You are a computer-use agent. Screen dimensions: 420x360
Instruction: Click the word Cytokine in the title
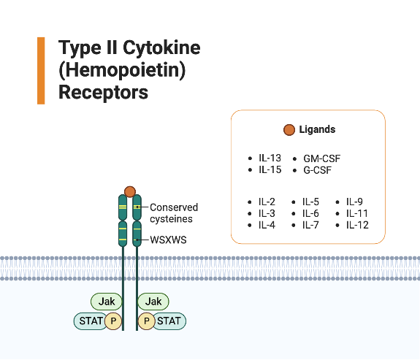(x=161, y=47)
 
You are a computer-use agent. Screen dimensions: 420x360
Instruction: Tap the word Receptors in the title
(x=103, y=92)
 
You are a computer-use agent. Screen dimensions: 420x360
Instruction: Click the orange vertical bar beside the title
(x=41, y=70)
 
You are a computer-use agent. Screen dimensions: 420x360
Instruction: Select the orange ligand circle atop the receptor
(x=130, y=192)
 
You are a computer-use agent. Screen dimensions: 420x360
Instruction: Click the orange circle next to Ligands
(x=289, y=130)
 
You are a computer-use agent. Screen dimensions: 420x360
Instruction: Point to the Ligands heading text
(x=317, y=129)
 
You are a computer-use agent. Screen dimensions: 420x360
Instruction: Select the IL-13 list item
(x=270, y=158)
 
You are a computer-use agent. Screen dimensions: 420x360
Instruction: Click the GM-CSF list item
(x=321, y=158)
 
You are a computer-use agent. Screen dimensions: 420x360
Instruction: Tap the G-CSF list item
(x=318, y=170)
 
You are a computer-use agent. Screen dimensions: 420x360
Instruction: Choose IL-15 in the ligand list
(x=270, y=169)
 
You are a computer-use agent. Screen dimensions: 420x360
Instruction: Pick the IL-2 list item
(x=267, y=202)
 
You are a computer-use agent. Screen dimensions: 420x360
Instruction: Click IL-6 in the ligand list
(x=310, y=213)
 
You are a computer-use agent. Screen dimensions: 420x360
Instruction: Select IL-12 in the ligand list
(x=357, y=225)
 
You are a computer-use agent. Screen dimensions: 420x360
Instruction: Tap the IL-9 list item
(x=354, y=202)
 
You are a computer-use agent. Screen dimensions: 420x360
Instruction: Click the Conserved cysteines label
(x=174, y=213)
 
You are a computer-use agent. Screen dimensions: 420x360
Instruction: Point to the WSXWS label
(x=168, y=240)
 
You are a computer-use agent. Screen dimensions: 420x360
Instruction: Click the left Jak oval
(x=107, y=302)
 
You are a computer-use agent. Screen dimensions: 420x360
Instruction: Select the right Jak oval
(x=153, y=302)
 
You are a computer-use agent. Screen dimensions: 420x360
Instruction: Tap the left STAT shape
(x=91, y=321)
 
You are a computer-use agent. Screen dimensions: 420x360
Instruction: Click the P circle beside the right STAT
(x=146, y=321)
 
